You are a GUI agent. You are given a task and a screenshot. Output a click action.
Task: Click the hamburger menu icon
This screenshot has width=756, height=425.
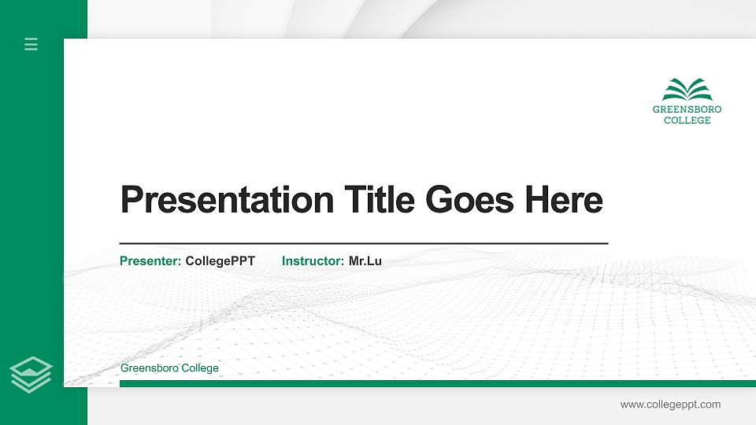(31, 44)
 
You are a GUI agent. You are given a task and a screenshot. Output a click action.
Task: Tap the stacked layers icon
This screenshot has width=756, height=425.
(31, 374)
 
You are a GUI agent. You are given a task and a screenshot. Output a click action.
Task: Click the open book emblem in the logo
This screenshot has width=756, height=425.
(687, 90)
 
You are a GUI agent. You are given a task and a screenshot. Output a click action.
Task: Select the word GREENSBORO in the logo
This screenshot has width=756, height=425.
(687, 109)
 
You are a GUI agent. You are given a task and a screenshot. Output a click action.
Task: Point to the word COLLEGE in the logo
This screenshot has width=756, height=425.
(687, 120)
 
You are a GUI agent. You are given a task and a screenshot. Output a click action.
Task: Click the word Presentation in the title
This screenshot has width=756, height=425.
(227, 200)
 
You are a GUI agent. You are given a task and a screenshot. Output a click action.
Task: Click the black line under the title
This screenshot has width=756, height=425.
(363, 244)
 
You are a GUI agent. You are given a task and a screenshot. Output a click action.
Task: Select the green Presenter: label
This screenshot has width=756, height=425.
(150, 261)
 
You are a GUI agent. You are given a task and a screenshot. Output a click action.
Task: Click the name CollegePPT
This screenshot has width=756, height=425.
(220, 261)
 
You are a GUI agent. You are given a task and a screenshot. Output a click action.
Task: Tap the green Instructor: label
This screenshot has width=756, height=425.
(313, 261)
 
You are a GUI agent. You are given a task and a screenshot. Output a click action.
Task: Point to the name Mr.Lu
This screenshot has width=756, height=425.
(365, 261)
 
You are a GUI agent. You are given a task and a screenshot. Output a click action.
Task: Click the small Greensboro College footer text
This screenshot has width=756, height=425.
(169, 368)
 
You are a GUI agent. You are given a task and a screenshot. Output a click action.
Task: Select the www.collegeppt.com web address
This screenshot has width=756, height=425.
(670, 405)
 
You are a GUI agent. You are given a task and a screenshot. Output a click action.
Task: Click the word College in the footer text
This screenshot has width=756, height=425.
(200, 368)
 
